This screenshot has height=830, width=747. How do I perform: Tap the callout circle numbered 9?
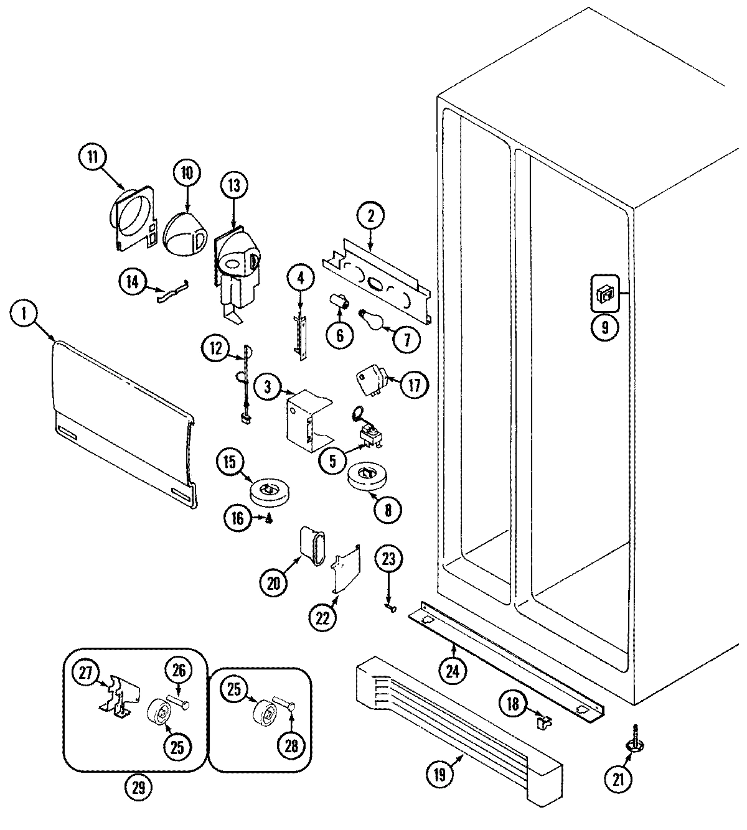604,326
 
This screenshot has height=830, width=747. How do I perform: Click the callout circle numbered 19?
439,775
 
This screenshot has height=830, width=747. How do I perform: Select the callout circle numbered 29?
138,788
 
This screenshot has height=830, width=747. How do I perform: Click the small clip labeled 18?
543,722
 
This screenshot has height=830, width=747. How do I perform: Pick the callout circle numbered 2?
370,217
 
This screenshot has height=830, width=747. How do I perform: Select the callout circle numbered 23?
388,559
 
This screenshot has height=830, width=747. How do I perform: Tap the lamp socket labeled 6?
341,303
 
